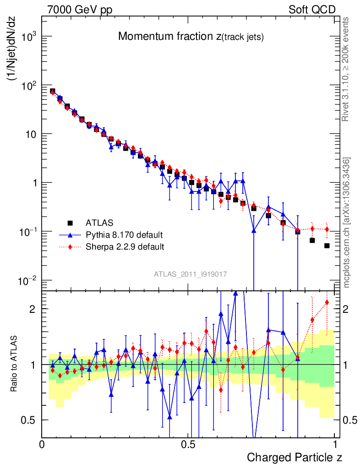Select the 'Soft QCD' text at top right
coord(312,10)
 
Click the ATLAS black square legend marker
coord(71,223)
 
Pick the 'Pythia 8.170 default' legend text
coord(124,235)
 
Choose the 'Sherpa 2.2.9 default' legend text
coord(125,247)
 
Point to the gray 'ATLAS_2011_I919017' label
coord(191,274)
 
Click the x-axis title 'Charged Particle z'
coord(295,457)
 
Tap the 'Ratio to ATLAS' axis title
coord(15,364)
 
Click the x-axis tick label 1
coord(335,444)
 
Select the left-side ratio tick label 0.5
coord(30,420)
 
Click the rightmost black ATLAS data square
coord(327,246)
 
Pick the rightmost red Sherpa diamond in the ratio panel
coord(327,302)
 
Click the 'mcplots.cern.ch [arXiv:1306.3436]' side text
coord(347,223)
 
